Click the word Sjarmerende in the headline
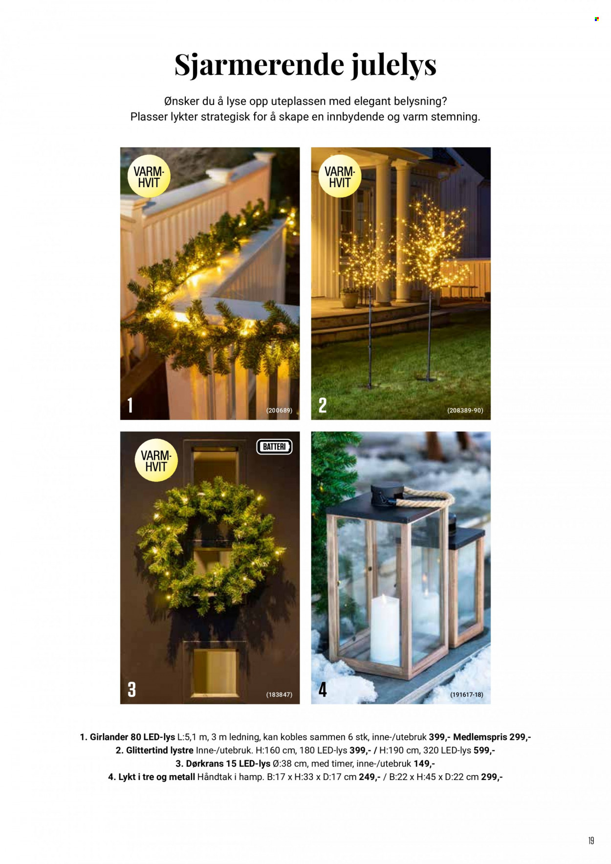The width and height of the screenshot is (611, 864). point(259,65)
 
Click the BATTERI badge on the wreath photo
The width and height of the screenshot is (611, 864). point(274,447)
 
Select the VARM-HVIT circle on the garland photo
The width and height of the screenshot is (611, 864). point(149,176)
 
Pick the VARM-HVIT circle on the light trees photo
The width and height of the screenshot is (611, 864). point(340,176)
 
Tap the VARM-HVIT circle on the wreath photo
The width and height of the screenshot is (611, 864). point(156,460)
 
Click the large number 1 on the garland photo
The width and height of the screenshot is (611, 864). point(130,405)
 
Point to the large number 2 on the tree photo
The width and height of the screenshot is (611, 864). point(323,405)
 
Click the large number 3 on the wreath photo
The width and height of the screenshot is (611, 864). point(131,690)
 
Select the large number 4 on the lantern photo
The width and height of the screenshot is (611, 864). point(323,690)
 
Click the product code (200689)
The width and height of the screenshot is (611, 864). point(279,410)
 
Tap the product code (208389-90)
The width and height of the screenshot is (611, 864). point(465,410)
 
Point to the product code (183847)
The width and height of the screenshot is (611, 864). point(279,694)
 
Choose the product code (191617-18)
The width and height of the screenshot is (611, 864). point(466,694)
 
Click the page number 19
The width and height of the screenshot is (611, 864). point(591,841)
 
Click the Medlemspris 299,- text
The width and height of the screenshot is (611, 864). point(492,737)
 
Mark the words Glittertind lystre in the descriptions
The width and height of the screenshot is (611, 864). point(160,750)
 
